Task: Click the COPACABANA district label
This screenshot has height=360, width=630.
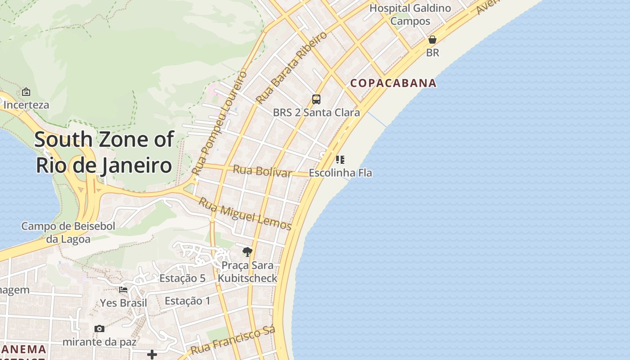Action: coord(393,83)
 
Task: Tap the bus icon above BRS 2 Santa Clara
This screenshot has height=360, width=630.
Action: coord(316,99)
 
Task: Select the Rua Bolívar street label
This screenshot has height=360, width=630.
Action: coord(262,171)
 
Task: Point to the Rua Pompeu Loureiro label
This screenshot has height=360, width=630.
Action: coord(220,122)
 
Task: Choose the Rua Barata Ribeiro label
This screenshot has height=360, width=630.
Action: coord(291,67)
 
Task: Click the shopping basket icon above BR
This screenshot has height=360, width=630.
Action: coord(432,40)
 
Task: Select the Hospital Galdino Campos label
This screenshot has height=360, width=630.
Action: coord(410,14)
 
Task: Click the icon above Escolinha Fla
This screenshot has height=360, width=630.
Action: coord(340,160)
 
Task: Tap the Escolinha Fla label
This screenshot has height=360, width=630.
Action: coord(340,173)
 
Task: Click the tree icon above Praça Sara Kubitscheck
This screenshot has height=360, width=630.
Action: coord(247,252)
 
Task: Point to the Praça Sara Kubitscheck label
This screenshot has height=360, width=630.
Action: coord(247,272)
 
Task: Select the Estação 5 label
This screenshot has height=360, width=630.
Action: coord(182,278)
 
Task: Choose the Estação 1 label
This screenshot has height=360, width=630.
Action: coord(187,301)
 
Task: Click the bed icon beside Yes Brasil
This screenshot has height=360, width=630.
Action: coord(123,290)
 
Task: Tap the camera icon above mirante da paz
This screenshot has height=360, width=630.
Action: coord(99,329)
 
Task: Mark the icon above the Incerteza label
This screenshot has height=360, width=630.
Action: coord(26,92)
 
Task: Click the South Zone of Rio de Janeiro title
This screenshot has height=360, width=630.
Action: coord(104,152)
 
